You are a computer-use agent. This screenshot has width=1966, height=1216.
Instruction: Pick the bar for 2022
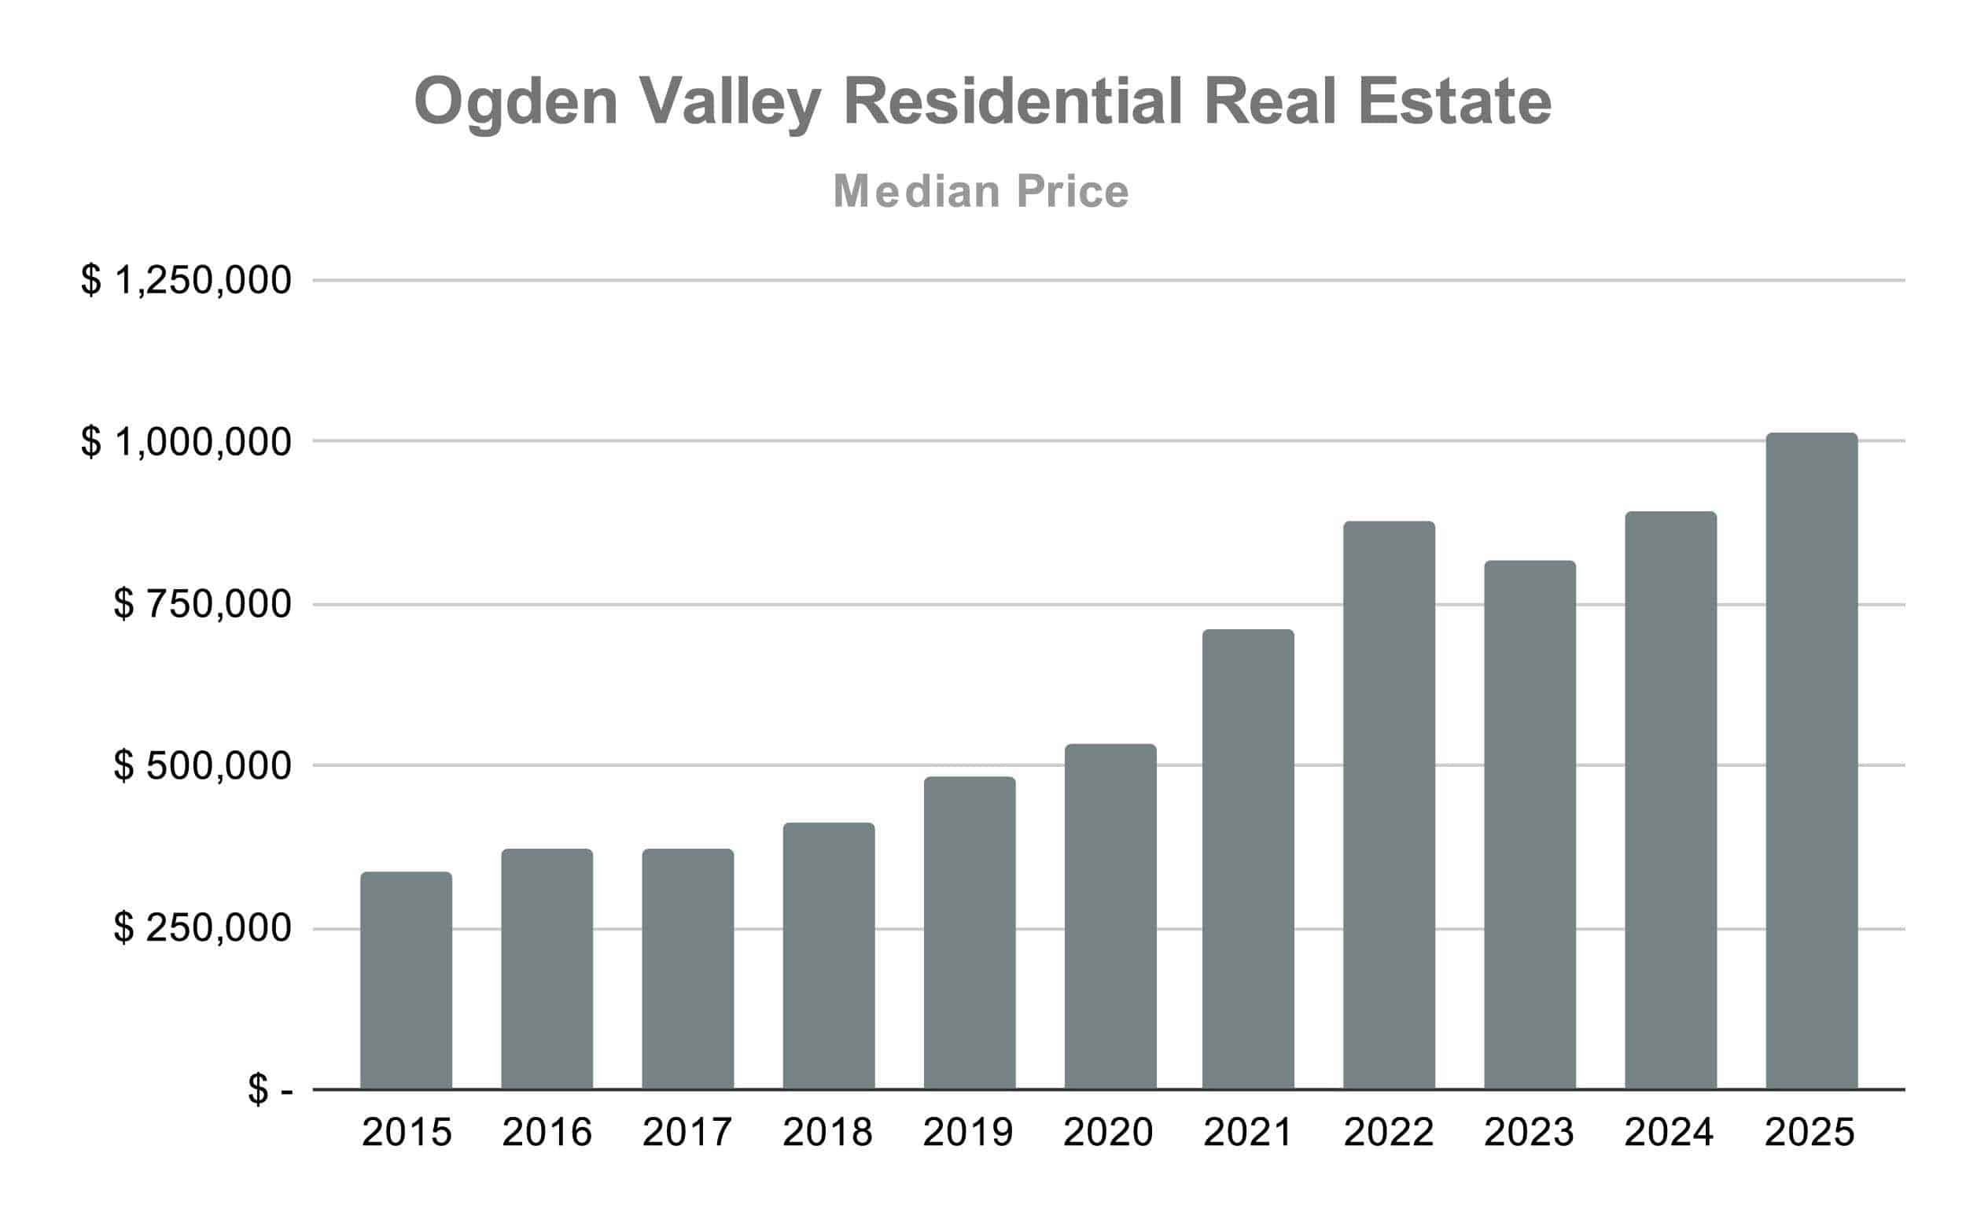1389,804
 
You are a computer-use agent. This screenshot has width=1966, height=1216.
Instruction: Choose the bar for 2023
1530,824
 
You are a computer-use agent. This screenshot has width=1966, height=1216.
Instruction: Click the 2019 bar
969,933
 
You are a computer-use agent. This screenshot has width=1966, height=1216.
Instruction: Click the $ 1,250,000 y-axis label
186,281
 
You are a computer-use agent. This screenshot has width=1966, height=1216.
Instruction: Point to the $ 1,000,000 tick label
186,441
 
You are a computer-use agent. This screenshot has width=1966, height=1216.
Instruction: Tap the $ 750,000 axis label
202,604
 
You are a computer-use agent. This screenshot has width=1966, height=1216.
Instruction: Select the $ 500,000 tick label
202,765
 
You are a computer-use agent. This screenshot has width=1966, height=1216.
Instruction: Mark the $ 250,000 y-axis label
202,928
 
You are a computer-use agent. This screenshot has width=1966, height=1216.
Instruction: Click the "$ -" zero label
271,1090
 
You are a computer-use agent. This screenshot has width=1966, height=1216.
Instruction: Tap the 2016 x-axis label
547,1133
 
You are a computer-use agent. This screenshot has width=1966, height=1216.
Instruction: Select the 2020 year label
1108,1133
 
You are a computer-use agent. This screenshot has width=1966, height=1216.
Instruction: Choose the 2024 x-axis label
1670,1133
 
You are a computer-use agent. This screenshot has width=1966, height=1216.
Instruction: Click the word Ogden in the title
515,103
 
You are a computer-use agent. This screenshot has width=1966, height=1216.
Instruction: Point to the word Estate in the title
1455,101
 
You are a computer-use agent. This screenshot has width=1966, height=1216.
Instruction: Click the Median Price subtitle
981,191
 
